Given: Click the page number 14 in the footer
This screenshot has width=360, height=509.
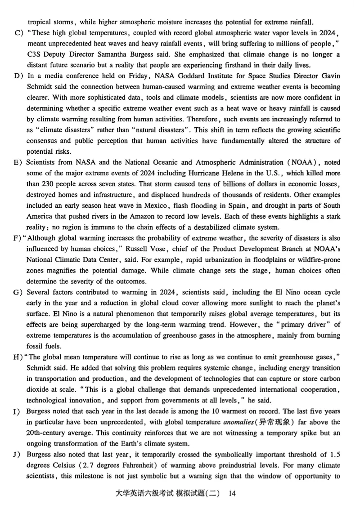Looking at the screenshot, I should tap(232, 493).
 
